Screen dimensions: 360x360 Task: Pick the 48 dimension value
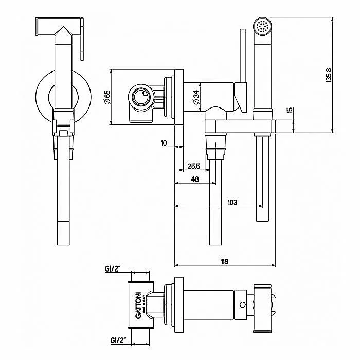click(195, 179)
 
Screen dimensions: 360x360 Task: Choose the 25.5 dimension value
click(194, 166)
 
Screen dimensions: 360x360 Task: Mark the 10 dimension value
click(164, 143)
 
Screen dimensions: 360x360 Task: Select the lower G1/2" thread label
click(113, 340)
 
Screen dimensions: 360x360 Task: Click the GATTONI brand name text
click(137, 304)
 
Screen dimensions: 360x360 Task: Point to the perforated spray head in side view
click(264, 25)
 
